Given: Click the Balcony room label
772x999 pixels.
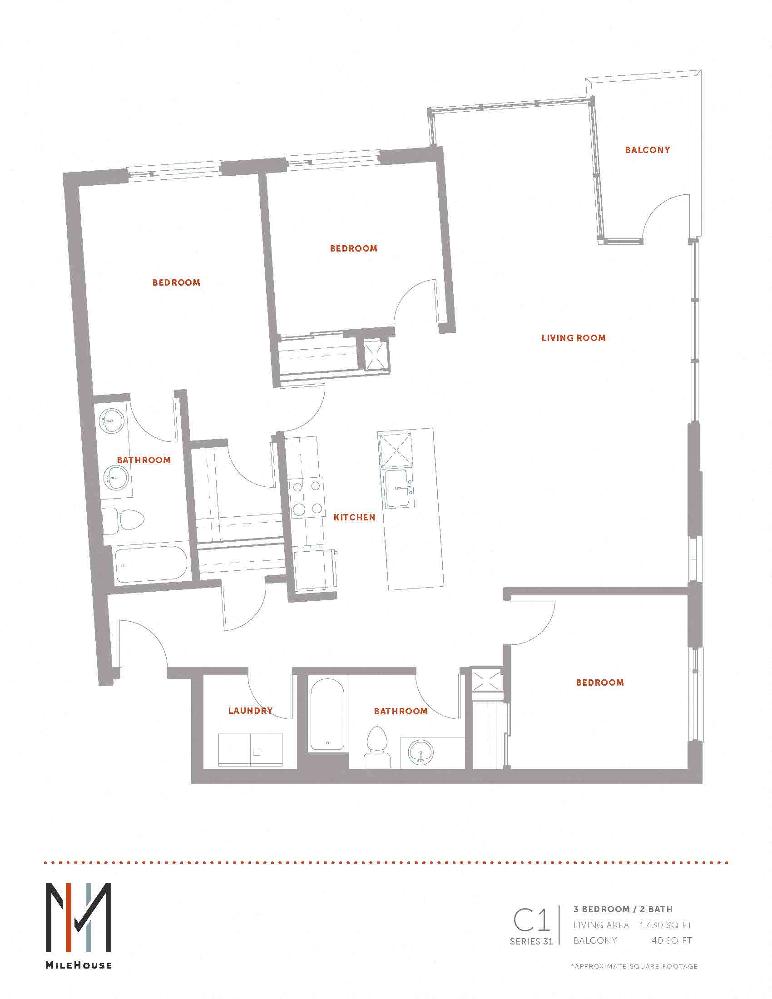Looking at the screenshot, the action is [x=647, y=149].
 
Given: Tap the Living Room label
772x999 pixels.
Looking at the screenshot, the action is [x=574, y=338].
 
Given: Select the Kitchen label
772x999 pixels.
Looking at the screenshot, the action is [x=355, y=517].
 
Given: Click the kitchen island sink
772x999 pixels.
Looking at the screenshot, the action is [x=400, y=488].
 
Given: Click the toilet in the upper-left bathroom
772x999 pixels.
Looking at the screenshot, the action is [x=123, y=520].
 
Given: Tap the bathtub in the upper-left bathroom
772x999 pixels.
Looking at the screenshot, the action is [x=151, y=564].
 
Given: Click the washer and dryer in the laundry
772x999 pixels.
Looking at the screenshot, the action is [x=250, y=749].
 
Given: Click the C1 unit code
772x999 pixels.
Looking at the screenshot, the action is [x=531, y=920].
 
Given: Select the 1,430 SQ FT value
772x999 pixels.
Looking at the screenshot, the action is [x=665, y=925].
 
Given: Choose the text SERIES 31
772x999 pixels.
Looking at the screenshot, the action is [x=531, y=941].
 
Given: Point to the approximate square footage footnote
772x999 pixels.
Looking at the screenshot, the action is [x=633, y=966].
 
